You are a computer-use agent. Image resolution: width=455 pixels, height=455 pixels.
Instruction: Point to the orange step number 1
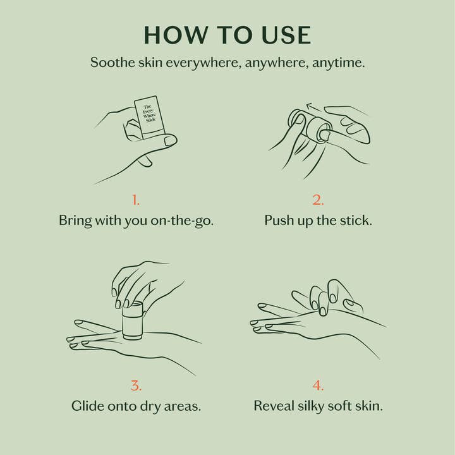click(x=136, y=200)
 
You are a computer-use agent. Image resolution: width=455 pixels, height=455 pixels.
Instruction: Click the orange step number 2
click(x=318, y=200)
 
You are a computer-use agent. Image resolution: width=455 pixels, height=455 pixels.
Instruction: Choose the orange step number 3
click(x=136, y=385)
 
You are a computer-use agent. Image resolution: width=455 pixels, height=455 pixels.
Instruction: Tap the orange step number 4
click(x=318, y=385)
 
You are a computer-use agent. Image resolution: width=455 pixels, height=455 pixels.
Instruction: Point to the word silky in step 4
click(x=318, y=406)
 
